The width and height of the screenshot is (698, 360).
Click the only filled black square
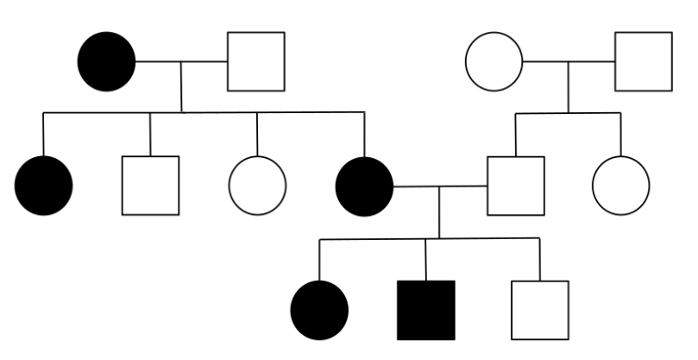point(425,310)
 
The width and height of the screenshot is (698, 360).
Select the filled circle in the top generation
point(107,61)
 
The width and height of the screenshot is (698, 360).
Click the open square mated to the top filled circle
point(255,61)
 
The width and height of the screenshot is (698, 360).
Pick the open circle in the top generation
point(494,61)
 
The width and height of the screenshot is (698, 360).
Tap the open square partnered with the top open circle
point(643,61)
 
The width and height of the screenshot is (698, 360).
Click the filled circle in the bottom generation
point(320,310)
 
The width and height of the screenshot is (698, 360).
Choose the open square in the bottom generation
point(539,310)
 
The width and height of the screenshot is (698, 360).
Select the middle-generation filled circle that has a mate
point(364,186)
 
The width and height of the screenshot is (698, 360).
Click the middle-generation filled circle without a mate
point(44,186)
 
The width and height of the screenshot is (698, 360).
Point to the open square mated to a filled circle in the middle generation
point(515,186)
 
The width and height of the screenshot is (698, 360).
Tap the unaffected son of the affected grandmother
point(150,186)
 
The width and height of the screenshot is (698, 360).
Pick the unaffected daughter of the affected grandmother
point(257,186)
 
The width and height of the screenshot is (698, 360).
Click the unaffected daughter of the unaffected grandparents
point(621,186)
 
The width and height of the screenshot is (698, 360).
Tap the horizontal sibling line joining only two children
point(569,113)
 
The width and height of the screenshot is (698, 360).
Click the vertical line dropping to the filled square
point(425,259)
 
